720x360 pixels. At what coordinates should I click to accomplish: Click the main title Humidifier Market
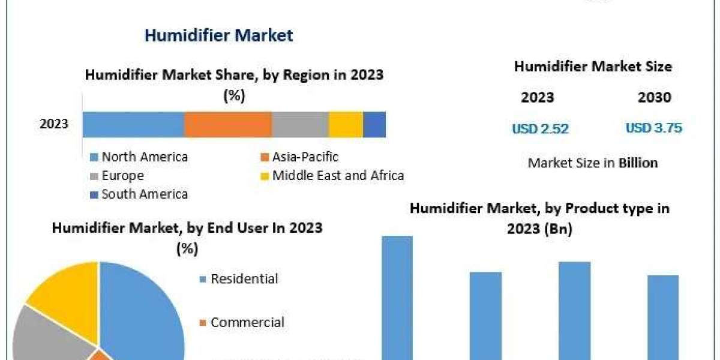pyautogui.click(x=218, y=35)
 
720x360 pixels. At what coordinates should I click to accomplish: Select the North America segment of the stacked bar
pyautogui.click(x=133, y=124)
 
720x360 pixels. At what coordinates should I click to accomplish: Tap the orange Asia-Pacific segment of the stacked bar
pyautogui.click(x=228, y=124)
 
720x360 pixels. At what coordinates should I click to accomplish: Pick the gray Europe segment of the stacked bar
pyautogui.click(x=300, y=124)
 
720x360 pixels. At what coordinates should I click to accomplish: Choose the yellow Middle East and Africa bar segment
pyautogui.click(x=346, y=124)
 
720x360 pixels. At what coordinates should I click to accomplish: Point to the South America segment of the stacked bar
pyautogui.click(x=374, y=124)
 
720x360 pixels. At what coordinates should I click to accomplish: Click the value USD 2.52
pyautogui.click(x=540, y=128)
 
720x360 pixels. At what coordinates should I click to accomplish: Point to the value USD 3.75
pyautogui.click(x=654, y=128)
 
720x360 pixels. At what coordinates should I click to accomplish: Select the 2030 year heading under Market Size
pyautogui.click(x=655, y=98)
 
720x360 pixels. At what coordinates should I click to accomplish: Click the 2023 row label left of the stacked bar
pyautogui.click(x=54, y=124)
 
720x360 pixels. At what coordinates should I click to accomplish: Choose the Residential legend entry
pyautogui.click(x=244, y=279)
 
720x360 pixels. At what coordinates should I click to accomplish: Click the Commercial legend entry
pyautogui.click(x=247, y=322)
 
